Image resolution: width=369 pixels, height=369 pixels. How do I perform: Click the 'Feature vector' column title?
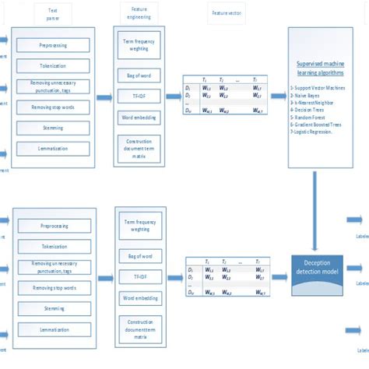(x=223, y=13)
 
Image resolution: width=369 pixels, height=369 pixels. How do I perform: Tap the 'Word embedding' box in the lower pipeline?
(x=139, y=298)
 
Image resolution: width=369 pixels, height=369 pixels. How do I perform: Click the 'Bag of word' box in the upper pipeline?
(x=139, y=77)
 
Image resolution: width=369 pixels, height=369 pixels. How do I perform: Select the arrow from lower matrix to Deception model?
(x=279, y=268)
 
